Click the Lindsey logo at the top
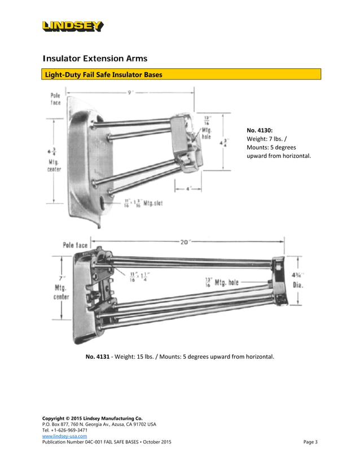point(72,26)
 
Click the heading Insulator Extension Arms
point(96,59)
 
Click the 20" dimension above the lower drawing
point(185,242)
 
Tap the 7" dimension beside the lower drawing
point(54,278)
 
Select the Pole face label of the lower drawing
point(75,245)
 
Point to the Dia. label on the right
point(297,285)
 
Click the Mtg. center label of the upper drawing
point(54,164)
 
